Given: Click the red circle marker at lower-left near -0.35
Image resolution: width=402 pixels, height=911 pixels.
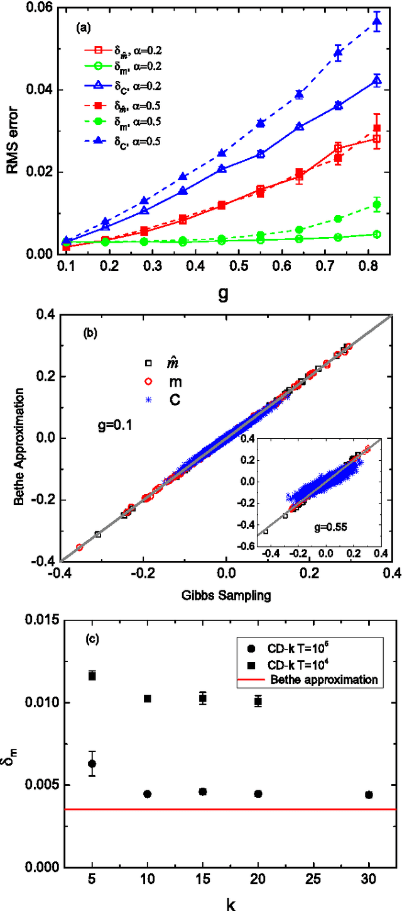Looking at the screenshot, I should [79, 547].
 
